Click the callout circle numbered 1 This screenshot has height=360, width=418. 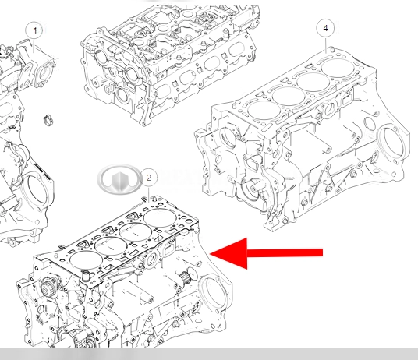pyautogui.click(x=34, y=30)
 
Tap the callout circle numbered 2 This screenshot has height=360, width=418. pyautogui.click(x=148, y=178)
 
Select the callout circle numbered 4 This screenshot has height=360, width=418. pyautogui.click(x=325, y=28)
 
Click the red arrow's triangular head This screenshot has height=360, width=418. pyautogui.click(x=228, y=253)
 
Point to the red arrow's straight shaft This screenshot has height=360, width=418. pyautogui.click(x=285, y=252)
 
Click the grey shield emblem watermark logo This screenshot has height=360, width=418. pyautogui.click(x=119, y=178)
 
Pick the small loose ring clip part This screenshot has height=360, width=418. pyautogui.click(x=49, y=119)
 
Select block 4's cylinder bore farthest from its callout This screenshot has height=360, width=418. pyautogui.click(x=264, y=111)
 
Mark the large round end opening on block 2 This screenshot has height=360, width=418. pyautogui.click(x=213, y=294)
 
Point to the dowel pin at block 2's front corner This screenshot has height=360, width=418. pyautogui.click(x=86, y=276)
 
